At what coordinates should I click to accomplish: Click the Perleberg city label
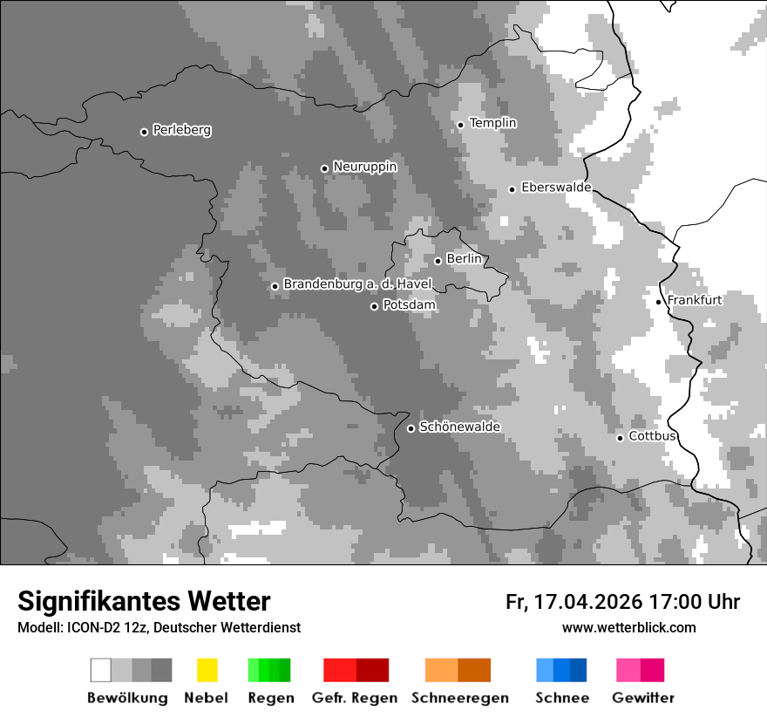point(181,130)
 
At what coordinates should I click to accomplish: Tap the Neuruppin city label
point(364,167)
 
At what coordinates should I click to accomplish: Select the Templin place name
point(492,123)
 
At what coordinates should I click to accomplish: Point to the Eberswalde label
point(556,188)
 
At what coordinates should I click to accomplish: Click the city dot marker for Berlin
point(438,261)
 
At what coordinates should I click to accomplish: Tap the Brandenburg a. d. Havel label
point(357,284)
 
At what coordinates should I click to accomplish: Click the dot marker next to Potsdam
point(375,306)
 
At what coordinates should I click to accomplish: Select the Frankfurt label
point(695,300)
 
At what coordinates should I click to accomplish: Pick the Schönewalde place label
point(459,427)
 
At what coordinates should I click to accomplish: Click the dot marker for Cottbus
point(621,438)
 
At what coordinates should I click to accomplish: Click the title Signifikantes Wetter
point(144,601)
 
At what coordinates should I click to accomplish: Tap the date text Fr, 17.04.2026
point(574,602)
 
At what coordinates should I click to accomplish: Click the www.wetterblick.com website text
point(628,627)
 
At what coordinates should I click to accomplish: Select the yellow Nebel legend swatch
point(207,670)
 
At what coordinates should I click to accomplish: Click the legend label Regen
point(268,698)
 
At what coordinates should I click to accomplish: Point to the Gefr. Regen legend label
point(355,698)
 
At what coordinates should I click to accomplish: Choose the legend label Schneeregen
point(460,698)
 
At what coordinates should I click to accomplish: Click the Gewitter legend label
point(643,698)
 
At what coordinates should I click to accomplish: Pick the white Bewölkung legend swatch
point(101,670)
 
